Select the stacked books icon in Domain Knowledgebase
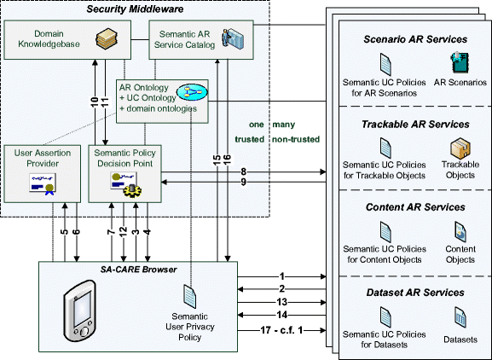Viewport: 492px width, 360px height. (107, 38)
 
